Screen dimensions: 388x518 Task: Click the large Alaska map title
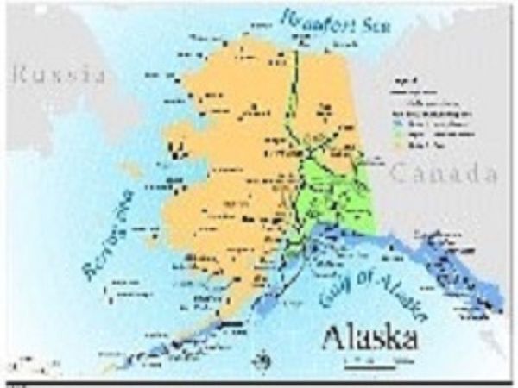tap(370, 337)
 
